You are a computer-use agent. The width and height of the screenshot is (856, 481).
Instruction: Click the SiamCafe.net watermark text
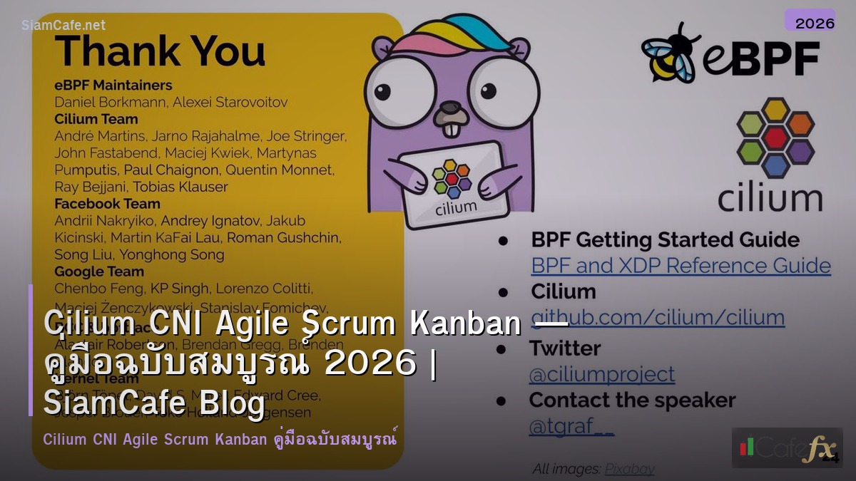[63, 25]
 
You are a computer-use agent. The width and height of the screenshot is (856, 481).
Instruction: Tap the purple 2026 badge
[810, 21]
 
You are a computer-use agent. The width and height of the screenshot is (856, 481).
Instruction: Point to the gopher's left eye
[406, 92]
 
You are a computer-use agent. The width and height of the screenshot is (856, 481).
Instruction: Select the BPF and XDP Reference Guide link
[681, 266]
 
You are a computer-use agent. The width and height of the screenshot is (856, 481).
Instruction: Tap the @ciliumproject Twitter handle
[601, 374]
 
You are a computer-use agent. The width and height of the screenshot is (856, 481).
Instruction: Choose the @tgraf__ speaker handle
[571, 426]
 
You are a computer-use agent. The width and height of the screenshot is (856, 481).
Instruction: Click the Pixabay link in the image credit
[629, 469]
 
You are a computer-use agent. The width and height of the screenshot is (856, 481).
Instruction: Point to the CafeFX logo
[787, 448]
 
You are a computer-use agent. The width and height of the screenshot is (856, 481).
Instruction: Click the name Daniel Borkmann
[110, 102]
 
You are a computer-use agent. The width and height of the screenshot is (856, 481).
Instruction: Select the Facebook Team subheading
[107, 204]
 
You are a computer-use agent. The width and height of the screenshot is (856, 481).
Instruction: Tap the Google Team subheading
[99, 271]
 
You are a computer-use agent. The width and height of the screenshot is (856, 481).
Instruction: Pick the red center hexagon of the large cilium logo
[775, 137]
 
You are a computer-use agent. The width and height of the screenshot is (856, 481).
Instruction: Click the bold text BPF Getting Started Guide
[665, 240]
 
